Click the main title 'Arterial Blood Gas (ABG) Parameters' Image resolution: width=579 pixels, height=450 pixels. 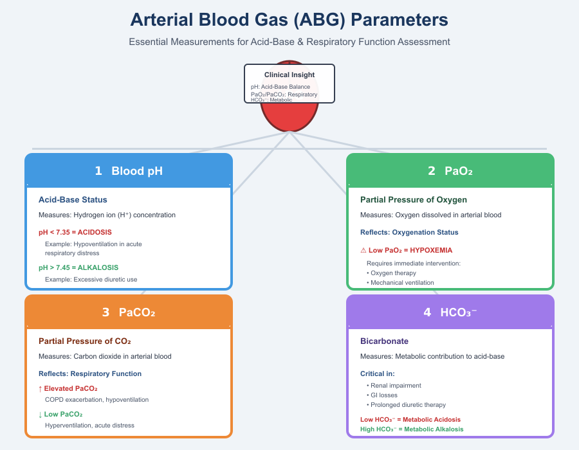coord(289,20)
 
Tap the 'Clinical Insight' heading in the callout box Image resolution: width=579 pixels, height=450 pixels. coord(289,75)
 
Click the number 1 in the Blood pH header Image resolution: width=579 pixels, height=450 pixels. coord(98,171)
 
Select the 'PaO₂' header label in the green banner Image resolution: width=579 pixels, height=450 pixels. coord(459,171)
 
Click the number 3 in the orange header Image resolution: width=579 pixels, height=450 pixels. coord(106,312)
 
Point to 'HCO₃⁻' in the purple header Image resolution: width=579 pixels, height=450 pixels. coord(459,312)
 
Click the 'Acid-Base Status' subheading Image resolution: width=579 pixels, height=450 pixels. coord(73,200)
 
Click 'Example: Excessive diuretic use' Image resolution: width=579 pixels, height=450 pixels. coord(91,280)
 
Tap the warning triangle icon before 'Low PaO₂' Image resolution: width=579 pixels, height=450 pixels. coord(363,250)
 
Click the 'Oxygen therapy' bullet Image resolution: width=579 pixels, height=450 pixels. coord(393,273)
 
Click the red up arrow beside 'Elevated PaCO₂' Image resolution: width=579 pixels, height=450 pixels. coord(41,388)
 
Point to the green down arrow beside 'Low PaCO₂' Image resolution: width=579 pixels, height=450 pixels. coord(41,414)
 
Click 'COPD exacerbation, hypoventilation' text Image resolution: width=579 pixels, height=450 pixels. coord(96,400)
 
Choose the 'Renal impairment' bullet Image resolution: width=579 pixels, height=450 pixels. coord(396,386)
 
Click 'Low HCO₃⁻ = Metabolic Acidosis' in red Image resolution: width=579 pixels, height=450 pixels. coord(410,420)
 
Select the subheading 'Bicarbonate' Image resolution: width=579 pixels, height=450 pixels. coord(384,341)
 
